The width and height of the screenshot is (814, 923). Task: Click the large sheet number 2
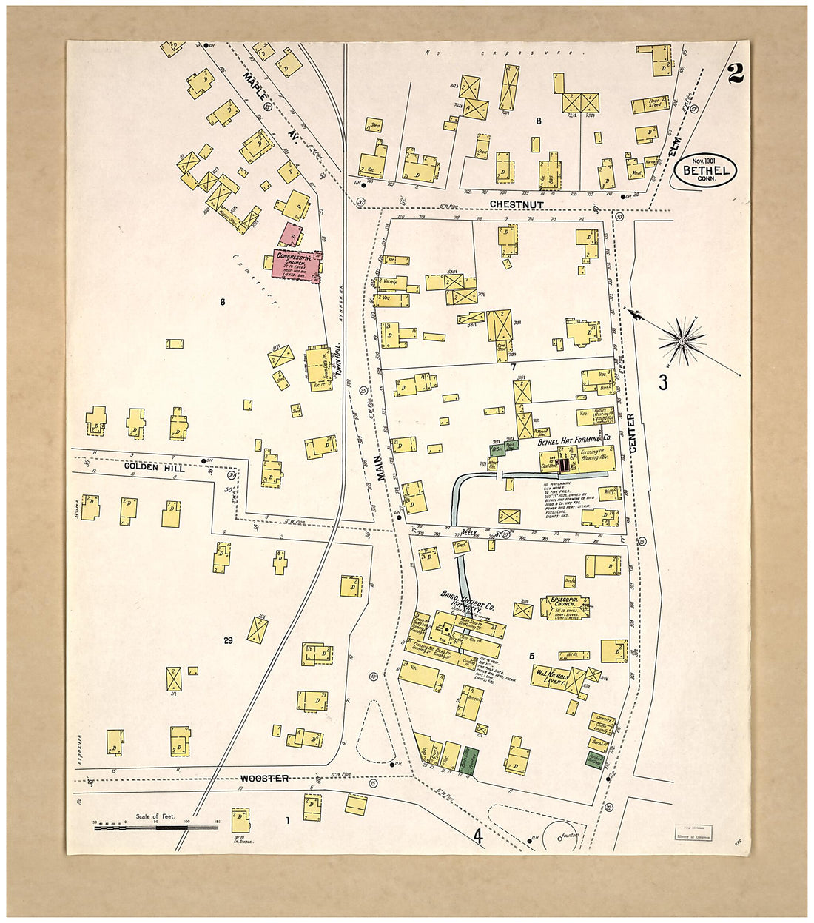pos(735,73)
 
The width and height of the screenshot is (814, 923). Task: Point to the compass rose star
pos(682,340)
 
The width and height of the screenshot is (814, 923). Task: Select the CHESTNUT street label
pos(517,204)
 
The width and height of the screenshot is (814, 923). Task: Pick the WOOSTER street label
pos(264,778)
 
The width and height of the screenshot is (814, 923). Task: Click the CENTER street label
pos(631,433)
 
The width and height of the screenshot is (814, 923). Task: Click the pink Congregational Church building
pos(295,264)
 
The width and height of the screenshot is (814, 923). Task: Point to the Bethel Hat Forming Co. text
pos(569,441)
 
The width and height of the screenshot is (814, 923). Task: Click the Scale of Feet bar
pos(155,828)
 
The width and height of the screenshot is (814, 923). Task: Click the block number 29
pos(228,640)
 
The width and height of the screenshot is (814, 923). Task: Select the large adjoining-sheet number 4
pos(479,837)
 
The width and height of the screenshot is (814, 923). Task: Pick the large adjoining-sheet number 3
pos(663,382)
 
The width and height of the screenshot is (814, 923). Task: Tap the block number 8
pos(539,121)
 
